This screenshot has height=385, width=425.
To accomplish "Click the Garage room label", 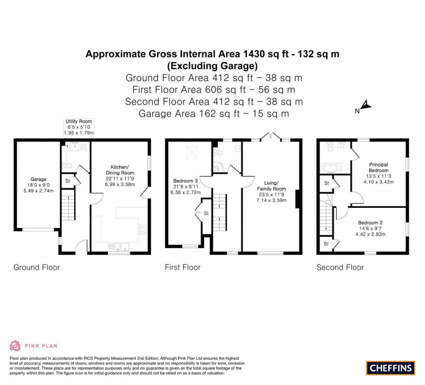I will tap(38, 180).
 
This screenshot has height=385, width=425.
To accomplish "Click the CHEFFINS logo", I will tap(390, 368).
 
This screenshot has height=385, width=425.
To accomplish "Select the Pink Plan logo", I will tap(33, 345).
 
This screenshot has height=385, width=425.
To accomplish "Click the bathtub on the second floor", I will tap(330, 168).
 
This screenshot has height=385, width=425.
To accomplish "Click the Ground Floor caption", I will tap(37, 267).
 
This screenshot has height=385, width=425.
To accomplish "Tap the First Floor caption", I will tap(183, 267).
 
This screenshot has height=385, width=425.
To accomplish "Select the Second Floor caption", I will tap(340, 267).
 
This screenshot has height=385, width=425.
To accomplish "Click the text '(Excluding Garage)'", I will tap(212, 66).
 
